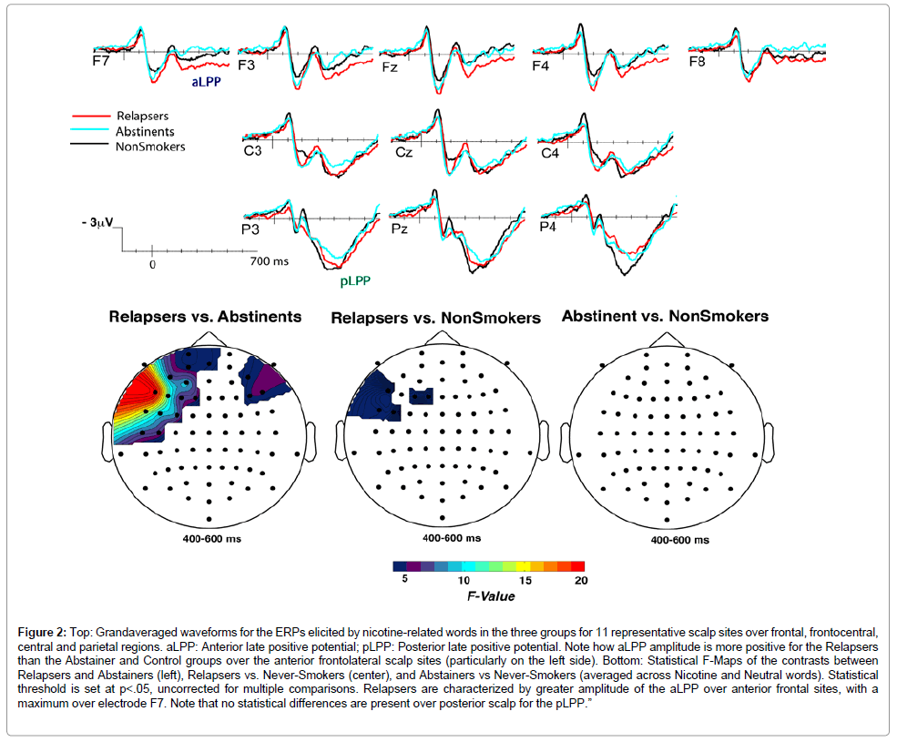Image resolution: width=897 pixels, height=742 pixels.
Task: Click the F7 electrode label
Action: [102, 65]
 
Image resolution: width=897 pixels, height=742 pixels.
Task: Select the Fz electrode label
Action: [390, 67]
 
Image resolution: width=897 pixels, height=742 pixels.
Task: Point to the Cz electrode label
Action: [404, 152]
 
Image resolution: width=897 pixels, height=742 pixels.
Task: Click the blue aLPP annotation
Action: [208, 82]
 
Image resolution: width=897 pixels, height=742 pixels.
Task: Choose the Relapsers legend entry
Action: [142, 117]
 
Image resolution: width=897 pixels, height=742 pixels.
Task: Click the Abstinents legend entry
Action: [145, 131]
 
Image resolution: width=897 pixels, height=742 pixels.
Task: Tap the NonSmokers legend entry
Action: [149, 146]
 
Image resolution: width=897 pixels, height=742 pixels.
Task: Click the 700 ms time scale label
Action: [270, 263]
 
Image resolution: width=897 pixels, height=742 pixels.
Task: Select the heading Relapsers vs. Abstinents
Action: [205, 317]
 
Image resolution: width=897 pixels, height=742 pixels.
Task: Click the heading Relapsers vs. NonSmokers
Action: [435, 318]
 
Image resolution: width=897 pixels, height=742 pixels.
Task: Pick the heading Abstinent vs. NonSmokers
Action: [665, 316]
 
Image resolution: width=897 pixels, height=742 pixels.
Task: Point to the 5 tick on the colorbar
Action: [397, 580]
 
